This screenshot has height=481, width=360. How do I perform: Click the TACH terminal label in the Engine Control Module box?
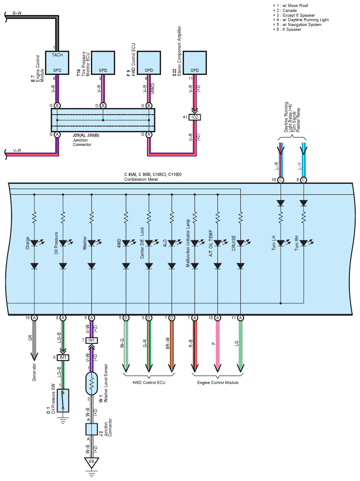[57, 55]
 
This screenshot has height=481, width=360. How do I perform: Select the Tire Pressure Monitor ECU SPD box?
[103, 63]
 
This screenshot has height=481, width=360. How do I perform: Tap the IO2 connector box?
[195, 117]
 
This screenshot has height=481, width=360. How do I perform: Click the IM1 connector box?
[63, 358]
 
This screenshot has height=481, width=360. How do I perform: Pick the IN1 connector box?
[91, 340]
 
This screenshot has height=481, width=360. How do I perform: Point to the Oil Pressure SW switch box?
[63, 401]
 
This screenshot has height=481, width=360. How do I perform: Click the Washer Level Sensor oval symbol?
[91, 384]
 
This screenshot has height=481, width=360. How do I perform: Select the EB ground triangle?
[91, 462]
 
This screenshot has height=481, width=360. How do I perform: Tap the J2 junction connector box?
[91, 429]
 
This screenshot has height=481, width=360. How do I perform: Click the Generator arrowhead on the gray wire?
[34, 357]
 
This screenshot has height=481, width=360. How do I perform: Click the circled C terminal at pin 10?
[281, 180]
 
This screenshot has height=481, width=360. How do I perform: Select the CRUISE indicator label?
[234, 243]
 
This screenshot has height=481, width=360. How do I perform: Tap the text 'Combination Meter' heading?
[141, 179]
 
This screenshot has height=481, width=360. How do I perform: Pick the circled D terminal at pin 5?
[126, 318]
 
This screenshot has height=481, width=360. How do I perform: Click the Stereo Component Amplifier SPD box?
[195, 63]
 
